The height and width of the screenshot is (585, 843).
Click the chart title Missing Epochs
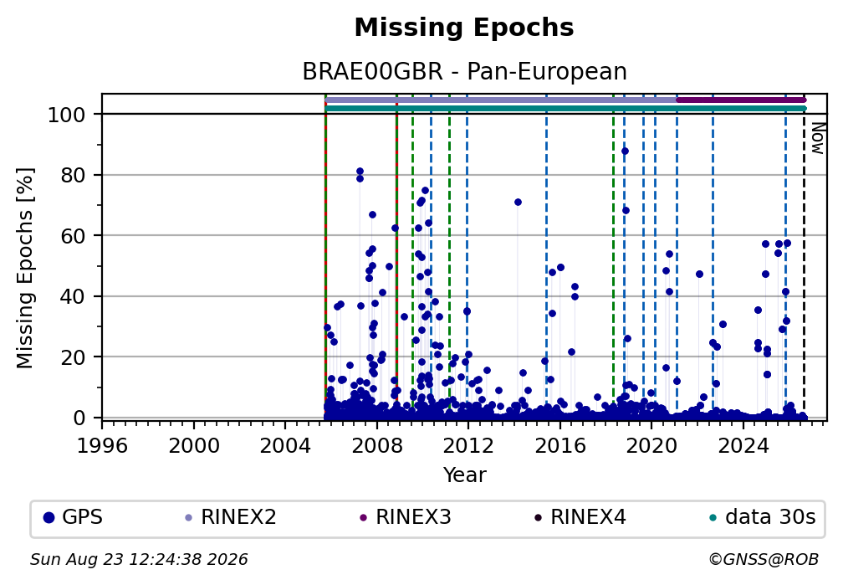[464, 28]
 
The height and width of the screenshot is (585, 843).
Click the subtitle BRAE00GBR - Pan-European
[464, 72]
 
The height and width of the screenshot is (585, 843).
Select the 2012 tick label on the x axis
[468, 445]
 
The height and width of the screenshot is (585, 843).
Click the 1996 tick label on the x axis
[102, 445]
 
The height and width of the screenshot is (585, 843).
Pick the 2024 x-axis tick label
[743, 445]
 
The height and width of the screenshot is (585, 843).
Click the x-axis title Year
[464, 475]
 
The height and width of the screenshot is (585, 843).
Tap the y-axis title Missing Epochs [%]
[25, 269]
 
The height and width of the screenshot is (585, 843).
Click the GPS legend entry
[73, 518]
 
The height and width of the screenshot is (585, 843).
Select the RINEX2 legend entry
[231, 518]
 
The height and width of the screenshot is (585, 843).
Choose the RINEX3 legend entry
[406, 518]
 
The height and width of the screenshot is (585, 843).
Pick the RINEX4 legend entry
[580, 518]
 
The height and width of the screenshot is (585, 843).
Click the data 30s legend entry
[763, 518]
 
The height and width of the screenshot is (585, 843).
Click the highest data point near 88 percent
[625, 151]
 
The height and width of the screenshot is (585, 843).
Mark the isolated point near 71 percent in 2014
[518, 203]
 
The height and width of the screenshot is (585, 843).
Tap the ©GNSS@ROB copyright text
[764, 560]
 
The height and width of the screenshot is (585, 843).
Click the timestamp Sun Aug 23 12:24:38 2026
[139, 560]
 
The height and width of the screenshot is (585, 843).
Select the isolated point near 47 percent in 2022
[699, 274]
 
